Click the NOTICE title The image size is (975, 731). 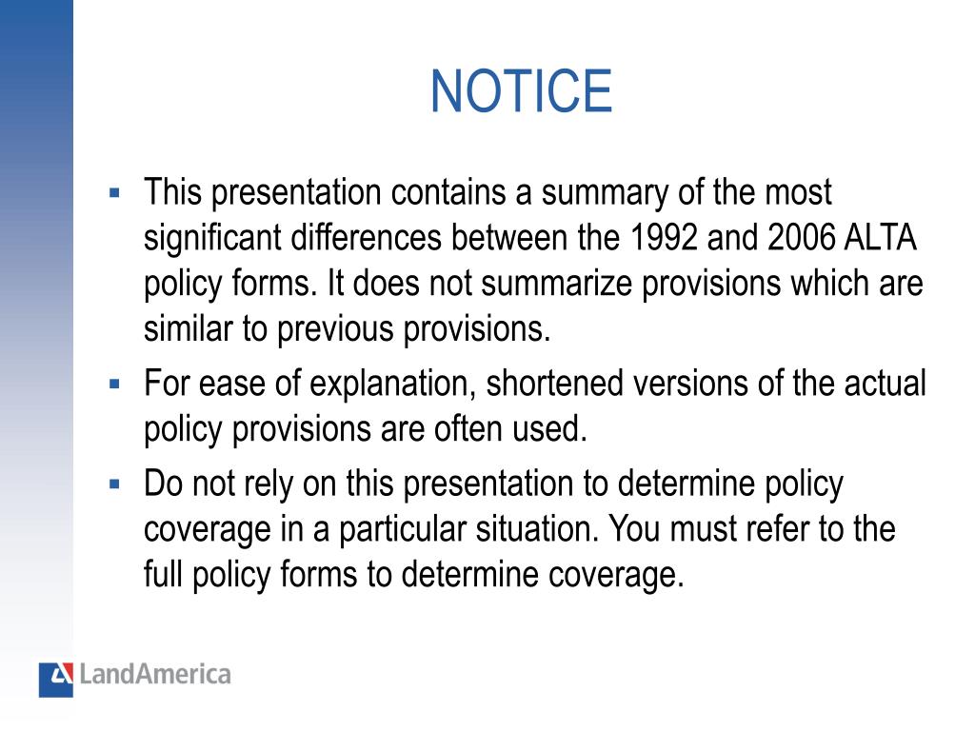(521, 91)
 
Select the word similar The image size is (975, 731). (178, 329)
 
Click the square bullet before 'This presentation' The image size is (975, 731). (115, 193)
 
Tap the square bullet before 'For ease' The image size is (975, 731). (115, 385)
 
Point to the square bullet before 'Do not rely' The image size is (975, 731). (115, 484)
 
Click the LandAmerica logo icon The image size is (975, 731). (55, 678)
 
